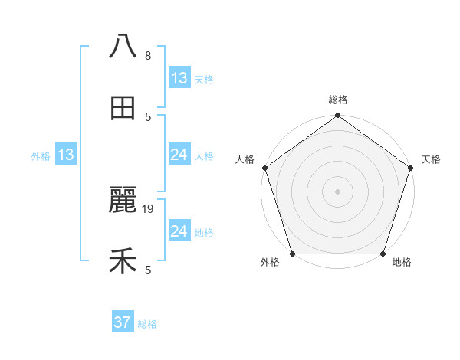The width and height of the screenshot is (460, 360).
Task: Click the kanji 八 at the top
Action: tap(123, 46)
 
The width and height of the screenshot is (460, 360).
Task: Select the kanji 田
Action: tap(123, 109)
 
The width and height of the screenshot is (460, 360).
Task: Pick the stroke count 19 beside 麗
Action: tap(149, 208)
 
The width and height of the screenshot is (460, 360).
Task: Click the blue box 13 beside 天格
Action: tap(179, 77)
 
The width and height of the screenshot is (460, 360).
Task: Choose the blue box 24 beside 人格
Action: tap(179, 155)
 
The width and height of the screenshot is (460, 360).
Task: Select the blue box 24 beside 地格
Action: tap(179, 231)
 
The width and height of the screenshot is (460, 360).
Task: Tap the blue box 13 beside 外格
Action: tap(66, 155)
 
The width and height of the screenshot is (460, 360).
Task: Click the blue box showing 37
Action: tap(122, 322)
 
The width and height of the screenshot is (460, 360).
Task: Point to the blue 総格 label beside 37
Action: tap(147, 324)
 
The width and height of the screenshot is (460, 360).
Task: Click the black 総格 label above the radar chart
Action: tap(337, 100)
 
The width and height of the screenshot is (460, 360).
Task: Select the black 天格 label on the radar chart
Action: tap(431, 159)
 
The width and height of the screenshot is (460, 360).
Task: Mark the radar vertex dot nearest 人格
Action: tap(264, 168)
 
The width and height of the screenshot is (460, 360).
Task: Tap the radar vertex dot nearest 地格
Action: tap(383, 254)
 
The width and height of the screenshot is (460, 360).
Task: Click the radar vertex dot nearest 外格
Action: tap(292, 254)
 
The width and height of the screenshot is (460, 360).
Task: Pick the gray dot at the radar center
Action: tap(337, 191)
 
